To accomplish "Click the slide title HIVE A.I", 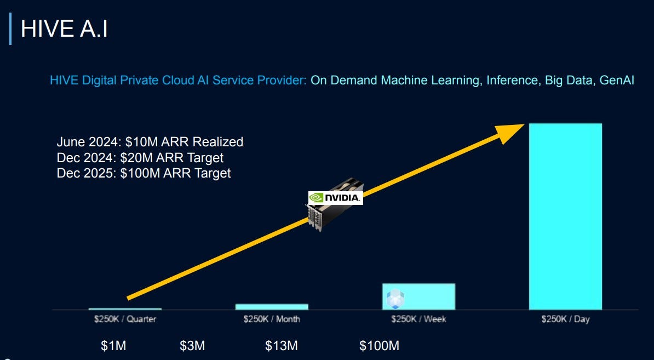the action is (x=64, y=29).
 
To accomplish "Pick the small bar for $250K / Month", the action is (x=272, y=307).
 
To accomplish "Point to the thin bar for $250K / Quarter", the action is (x=125, y=310).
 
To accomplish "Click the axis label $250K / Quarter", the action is (x=125, y=319).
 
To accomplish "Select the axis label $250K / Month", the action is (x=272, y=319).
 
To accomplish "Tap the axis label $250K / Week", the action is (x=418, y=319).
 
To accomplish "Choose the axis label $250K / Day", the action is (x=565, y=319).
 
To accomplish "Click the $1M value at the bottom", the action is (x=113, y=346).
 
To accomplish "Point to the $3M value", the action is (x=192, y=346).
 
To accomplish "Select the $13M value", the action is (x=281, y=346).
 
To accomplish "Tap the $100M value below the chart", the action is (x=379, y=346).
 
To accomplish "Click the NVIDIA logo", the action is (x=335, y=198).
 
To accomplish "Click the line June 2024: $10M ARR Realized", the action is (x=150, y=142).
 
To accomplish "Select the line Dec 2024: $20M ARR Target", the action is (x=140, y=158).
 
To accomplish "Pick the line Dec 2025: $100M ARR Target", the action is (x=144, y=173).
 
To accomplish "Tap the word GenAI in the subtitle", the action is (x=617, y=81).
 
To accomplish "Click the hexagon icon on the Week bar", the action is (x=395, y=299).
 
